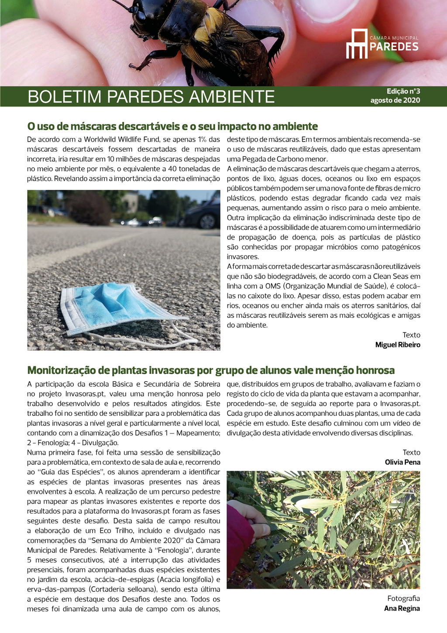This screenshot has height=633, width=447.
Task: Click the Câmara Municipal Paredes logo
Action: pos(382,44)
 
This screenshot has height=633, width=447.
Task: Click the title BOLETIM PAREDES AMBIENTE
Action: pos(151,97)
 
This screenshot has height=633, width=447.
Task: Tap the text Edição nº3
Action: pos(403,91)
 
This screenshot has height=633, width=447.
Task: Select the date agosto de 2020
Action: pos(395,100)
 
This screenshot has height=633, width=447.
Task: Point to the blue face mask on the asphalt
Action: pos(109,306)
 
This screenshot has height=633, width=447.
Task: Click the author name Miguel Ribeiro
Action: pos(398,345)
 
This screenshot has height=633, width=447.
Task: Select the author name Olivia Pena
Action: pos(402,462)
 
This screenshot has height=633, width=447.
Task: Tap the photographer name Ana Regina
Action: pos(402,608)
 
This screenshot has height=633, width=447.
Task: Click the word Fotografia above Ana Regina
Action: pos(404,598)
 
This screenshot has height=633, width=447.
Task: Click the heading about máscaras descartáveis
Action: pos(172,127)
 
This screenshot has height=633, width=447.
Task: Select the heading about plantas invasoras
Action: pos(211,370)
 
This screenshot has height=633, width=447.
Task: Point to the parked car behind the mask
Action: pos(203,214)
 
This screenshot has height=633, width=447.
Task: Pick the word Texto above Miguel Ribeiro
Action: pos(411,335)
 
